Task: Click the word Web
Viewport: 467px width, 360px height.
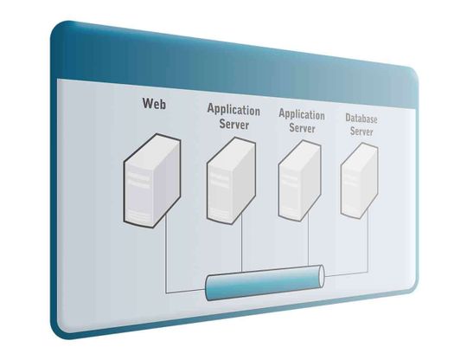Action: coord(154,103)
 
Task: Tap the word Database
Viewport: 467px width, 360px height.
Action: coord(361,119)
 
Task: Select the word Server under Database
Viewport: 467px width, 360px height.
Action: coord(361,132)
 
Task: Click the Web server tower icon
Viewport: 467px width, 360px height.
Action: coord(152,181)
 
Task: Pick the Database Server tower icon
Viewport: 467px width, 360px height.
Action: coord(360,181)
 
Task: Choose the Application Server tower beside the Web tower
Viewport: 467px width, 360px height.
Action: coord(231,181)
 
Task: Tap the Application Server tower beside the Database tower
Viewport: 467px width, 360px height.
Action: coord(299,181)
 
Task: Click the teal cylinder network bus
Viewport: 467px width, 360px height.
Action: coord(265,282)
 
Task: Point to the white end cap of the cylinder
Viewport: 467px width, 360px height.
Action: coord(322,276)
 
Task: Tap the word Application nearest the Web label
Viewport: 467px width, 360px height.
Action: coord(233,110)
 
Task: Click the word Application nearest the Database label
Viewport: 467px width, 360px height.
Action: coord(302,115)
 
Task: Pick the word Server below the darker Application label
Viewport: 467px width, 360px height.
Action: coord(233,124)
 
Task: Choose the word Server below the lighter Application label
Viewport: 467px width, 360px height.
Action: coord(302,128)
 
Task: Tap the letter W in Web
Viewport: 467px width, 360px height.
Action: coord(148,103)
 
